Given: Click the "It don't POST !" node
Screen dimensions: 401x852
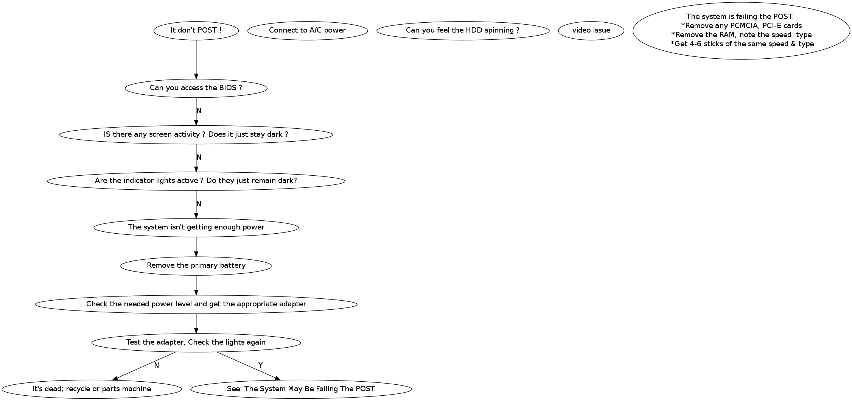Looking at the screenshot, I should coord(196,30).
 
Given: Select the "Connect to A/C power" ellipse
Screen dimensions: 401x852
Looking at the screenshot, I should coord(307,30).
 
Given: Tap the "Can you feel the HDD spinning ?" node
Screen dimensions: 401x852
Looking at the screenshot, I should coord(462,30).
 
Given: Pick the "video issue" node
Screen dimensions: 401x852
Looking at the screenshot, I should coord(591,30).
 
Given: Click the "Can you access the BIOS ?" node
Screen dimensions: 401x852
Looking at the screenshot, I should coord(196,88).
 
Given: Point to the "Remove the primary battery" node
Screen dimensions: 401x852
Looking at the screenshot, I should coord(196,265).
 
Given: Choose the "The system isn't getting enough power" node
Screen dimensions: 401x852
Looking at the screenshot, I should coord(196,227).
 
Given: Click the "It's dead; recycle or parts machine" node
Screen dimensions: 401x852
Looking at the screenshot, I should coord(92,389).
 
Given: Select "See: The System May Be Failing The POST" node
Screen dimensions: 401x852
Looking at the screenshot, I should coord(301,389).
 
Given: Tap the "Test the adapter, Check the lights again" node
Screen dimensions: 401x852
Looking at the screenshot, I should coord(196,342).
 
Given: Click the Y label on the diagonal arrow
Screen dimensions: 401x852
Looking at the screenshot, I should coord(260,365).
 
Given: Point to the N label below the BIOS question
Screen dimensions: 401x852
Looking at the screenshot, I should coord(199,111).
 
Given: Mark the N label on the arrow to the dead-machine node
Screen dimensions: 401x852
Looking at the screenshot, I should coord(156,365).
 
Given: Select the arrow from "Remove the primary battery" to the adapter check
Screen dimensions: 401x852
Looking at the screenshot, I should coord(196,285).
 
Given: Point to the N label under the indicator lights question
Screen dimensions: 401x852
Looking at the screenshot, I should coord(199,204).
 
